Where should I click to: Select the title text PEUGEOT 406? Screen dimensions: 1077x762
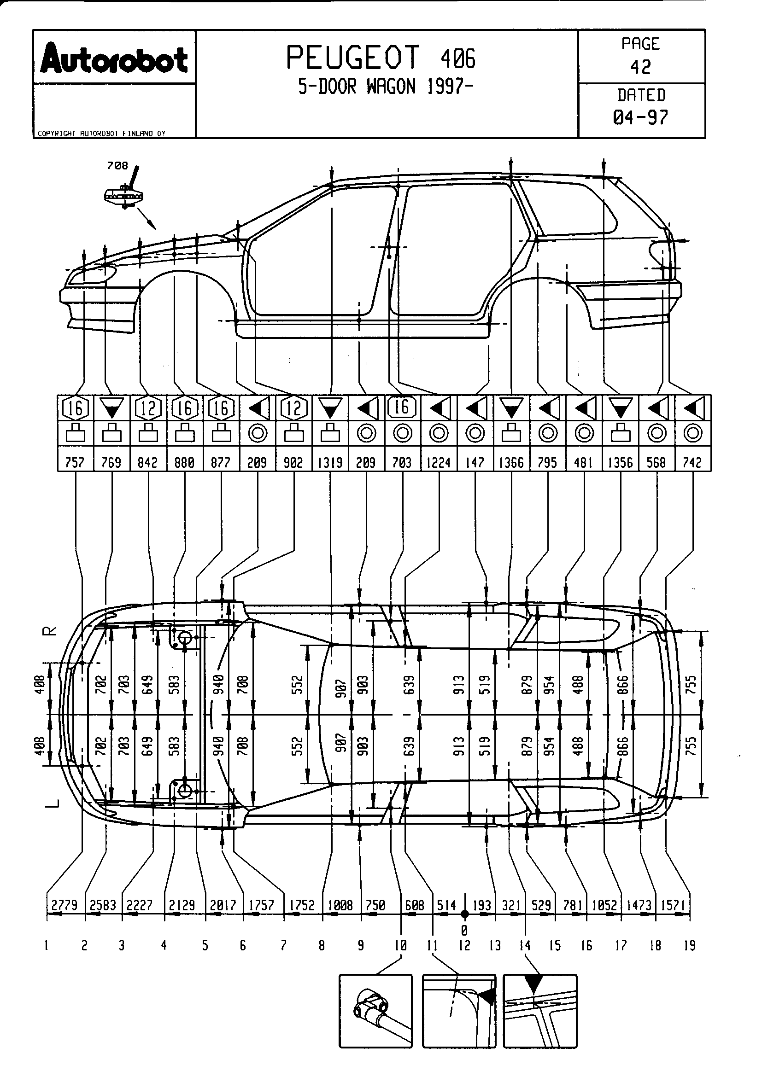tap(381, 58)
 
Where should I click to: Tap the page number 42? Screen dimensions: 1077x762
tap(640, 67)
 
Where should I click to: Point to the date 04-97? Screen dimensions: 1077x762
tap(640, 117)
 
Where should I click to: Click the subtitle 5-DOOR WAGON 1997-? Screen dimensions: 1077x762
tap(386, 87)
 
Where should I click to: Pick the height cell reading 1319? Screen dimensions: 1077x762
tap(330, 462)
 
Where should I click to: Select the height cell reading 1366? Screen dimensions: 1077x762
tap(511, 462)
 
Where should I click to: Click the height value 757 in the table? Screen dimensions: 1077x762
tap(75, 462)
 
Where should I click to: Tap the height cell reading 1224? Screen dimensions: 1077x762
tap(439, 462)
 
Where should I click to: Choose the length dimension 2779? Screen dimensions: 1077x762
tap(64, 905)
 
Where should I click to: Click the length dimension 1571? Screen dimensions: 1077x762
tap(673, 905)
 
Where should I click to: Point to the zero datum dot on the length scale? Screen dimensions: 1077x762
tap(464, 914)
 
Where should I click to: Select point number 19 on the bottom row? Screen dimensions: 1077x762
tap(689, 946)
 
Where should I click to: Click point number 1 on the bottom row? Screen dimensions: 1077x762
tap(47, 946)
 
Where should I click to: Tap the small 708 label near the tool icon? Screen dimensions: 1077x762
tap(117, 166)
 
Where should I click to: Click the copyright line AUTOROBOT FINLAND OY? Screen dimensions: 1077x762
tap(101, 134)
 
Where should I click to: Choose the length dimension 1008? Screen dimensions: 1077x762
tap(340, 905)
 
